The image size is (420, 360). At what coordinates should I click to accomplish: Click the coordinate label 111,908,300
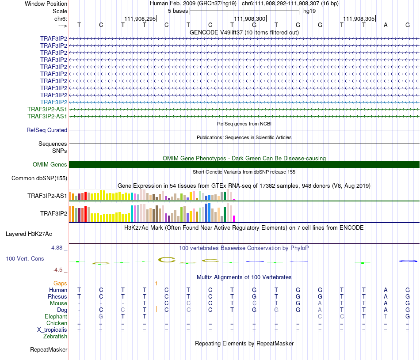click(x=250, y=19)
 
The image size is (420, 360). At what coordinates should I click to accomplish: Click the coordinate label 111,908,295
click(x=140, y=19)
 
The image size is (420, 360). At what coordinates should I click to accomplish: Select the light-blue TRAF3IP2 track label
click(x=53, y=102)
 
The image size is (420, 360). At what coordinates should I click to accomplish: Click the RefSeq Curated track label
click(x=47, y=130)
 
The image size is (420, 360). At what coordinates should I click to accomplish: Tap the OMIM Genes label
click(x=50, y=165)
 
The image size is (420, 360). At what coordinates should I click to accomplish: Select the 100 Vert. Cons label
click(x=25, y=258)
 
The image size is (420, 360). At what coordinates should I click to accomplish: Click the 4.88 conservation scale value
click(x=57, y=248)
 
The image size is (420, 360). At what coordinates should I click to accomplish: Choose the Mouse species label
click(x=58, y=303)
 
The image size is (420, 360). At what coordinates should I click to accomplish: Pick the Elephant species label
click(x=56, y=317)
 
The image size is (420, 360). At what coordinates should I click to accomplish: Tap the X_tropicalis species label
click(x=52, y=330)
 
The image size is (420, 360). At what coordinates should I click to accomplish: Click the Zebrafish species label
click(x=55, y=337)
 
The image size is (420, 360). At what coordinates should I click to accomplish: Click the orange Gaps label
click(x=60, y=283)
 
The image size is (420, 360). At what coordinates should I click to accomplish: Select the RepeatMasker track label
click(x=49, y=350)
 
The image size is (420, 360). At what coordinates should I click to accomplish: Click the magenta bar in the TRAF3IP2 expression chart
click(x=234, y=218)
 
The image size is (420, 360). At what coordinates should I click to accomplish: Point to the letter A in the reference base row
click(x=386, y=25)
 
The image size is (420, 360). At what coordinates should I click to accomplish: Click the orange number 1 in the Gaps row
click(x=156, y=283)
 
